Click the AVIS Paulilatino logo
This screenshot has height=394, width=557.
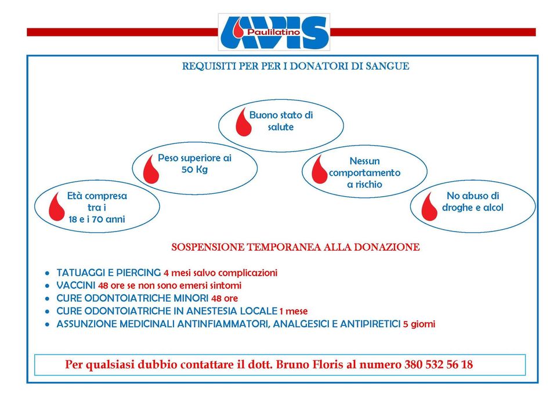(x=274, y=32)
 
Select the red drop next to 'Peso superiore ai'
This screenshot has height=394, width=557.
(x=151, y=168)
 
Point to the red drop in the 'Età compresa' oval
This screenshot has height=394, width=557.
(x=57, y=206)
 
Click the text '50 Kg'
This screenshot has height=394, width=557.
(x=194, y=169)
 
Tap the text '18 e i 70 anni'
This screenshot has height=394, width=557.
(x=97, y=219)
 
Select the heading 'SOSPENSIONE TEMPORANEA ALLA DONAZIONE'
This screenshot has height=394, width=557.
(x=295, y=247)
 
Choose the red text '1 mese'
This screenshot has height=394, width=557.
(x=294, y=311)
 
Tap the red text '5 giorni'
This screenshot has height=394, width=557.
(x=419, y=324)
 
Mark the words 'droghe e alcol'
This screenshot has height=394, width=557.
(x=472, y=208)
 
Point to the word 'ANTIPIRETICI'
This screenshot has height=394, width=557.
(x=372, y=324)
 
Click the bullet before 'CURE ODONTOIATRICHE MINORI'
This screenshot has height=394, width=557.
(x=47, y=298)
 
